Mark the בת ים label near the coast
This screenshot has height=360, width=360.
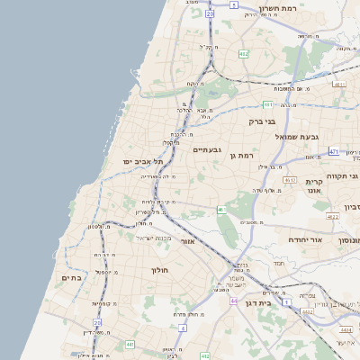click(71, 278)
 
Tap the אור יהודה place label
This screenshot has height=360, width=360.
click(286, 240)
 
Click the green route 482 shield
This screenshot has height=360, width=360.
click(243, 54)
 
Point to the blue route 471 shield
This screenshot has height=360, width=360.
click(333, 151)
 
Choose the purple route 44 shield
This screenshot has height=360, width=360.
click(233, 301)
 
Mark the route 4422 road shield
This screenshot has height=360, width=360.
click(333, 216)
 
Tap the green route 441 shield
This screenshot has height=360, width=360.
click(130, 344)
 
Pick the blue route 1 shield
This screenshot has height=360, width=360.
click(286, 303)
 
